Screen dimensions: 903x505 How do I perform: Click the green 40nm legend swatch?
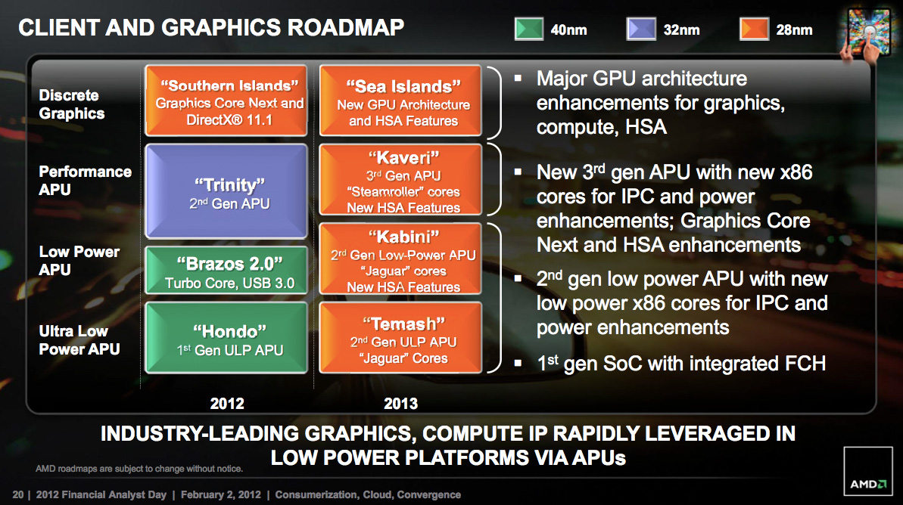[x=528, y=29]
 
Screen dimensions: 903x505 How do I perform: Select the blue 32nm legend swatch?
[x=641, y=29]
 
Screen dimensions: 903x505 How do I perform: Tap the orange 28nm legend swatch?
[x=754, y=29]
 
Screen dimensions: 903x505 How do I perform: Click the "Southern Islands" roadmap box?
[x=226, y=100]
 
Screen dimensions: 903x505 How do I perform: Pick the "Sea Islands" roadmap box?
[x=400, y=100]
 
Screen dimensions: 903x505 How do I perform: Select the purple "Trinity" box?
[x=226, y=191]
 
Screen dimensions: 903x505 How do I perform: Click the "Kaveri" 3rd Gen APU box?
[x=400, y=179]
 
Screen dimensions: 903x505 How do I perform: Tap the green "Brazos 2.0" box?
[x=226, y=271]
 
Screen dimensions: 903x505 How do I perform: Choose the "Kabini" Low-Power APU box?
[x=400, y=259]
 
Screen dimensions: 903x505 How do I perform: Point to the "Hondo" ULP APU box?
[x=226, y=338]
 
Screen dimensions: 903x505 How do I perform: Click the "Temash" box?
[x=400, y=338]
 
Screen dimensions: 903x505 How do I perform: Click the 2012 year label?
[x=227, y=403]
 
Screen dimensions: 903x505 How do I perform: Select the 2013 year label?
[x=401, y=403]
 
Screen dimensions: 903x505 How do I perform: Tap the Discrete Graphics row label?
[x=72, y=104]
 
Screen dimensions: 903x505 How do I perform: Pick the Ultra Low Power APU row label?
[x=79, y=340]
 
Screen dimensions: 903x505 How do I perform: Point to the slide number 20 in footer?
[x=18, y=494]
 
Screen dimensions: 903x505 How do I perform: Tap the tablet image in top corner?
[x=867, y=33]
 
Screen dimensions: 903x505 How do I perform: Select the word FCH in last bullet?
[x=805, y=364]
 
